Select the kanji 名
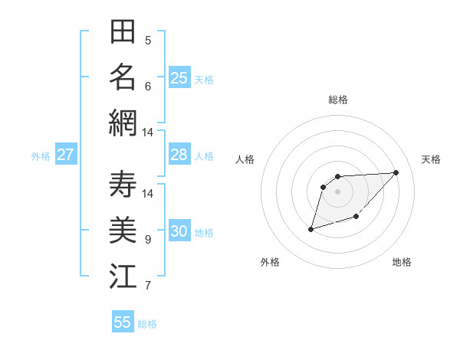tap(123, 77)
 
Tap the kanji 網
tap(123, 122)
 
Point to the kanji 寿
tap(123, 185)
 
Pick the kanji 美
tap(123, 230)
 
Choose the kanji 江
tap(123, 275)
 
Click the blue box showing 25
tap(179, 77)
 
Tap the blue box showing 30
tap(179, 232)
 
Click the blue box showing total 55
tap(123, 322)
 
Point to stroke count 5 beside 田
tap(148, 41)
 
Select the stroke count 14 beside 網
tap(148, 133)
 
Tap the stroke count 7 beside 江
tap(148, 286)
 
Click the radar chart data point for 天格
tap(396, 172)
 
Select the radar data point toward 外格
tap(310, 229)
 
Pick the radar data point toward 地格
tap(356, 217)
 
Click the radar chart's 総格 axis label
tap(338, 100)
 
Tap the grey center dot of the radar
tap(338, 191)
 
